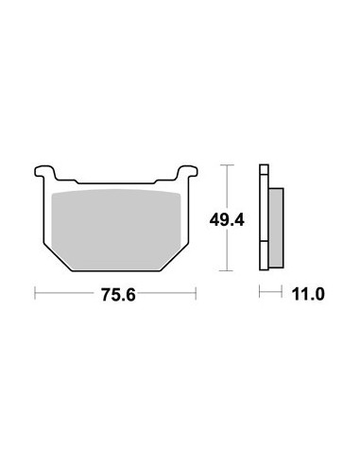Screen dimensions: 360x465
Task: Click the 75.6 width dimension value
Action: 118,295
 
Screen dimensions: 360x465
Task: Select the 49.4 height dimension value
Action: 227,219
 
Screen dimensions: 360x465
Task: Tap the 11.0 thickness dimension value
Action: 308,295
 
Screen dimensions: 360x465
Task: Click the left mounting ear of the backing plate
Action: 44,172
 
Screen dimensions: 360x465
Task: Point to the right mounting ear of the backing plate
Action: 188,172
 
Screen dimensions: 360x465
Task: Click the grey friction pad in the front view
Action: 116,230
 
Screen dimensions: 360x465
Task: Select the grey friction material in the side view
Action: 276,228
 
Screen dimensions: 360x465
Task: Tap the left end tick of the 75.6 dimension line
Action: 35,293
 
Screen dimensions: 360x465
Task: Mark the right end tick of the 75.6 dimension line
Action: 196,293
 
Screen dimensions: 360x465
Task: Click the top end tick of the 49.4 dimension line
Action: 227,164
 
